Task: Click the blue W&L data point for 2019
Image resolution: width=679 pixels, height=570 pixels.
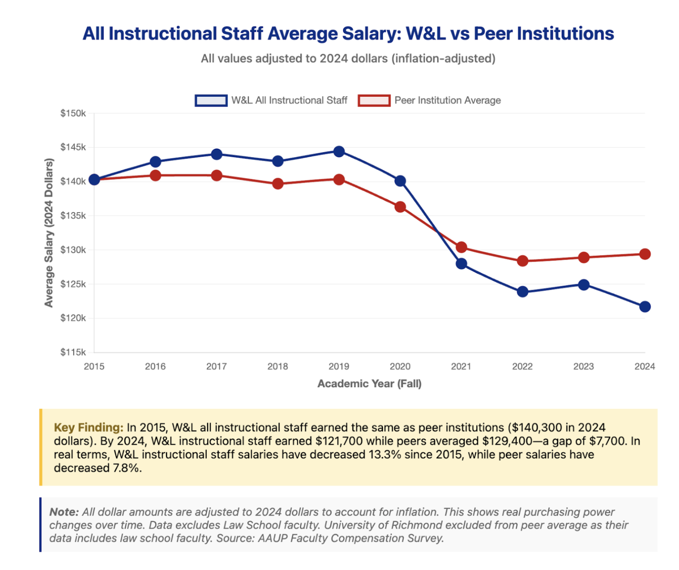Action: pyautogui.click(x=339, y=152)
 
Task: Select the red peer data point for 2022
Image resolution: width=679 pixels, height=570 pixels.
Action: pyautogui.click(x=523, y=261)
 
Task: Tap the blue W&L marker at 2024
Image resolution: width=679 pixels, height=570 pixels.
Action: pyautogui.click(x=645, y=307)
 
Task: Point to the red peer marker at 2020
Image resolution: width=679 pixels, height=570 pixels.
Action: pyautogui.click(x=400, y=207)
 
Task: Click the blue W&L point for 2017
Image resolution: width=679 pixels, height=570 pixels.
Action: pyautogui.click(x=216, y=154)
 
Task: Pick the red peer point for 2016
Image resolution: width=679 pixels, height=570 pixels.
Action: pyautogui.click(x=156, y=176)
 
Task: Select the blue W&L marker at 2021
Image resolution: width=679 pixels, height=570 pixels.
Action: pyautogui.click(x=461, y=264)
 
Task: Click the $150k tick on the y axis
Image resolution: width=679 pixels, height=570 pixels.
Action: pyautogui.click(x=73, y=114)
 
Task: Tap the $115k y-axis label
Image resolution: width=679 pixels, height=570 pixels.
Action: pyautogui.click(x=73, y=352)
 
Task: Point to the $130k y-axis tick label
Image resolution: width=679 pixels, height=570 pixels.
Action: pyautogui.click(x=73, y=250)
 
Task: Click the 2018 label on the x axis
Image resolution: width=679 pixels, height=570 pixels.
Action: pyautogui.click(x=278, y=367)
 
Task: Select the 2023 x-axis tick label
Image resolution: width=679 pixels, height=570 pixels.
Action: pyautogui.click(x=583, y=367)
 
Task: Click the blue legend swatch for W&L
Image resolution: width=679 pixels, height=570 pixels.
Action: pyautogui.click(x=211, y=101)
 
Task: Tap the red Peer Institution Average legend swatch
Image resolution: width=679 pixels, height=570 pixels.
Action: pyautogui.click(x=374, y=101)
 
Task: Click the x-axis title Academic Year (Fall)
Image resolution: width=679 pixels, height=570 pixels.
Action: pyautogui.click(x=369, y=384)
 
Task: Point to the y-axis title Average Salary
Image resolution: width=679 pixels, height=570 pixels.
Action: pyautogui.click(x=49, y=233)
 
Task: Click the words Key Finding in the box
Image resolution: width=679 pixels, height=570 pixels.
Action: pyautogui.click(x=88, y=427)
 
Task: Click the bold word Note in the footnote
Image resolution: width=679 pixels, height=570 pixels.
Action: pyautogui.click(x=64, y=512)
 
